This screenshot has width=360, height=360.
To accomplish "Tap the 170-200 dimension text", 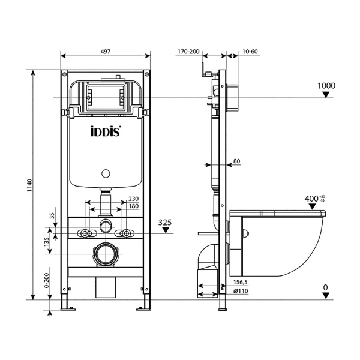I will coord(189,53).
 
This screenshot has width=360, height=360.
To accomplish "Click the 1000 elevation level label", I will coord(326,85).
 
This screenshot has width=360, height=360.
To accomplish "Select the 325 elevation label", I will coord(166,222).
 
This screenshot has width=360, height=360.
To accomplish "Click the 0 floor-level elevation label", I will coord(326,287).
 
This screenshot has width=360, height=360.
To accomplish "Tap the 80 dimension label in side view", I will coord(236,161).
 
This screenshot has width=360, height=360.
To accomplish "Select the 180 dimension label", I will coord(133,207).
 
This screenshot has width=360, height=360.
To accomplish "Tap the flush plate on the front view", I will coord(106,96).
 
